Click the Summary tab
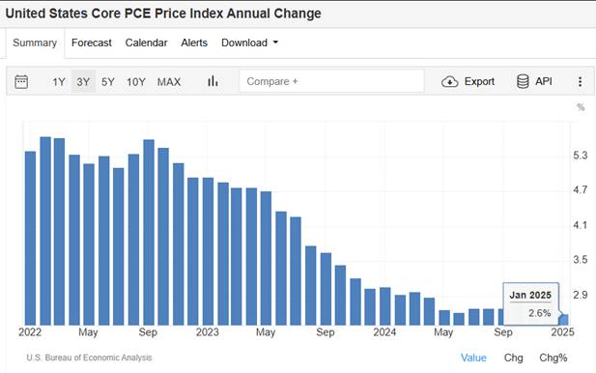(36, 43)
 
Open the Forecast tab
(92, 43)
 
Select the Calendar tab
(146, 43)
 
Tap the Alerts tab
(194, 43)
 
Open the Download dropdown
(249, 43)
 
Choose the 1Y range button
(59, 82)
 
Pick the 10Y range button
(135, 82)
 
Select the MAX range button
(169, 82)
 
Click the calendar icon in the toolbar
(22, 82)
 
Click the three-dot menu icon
(580, 82)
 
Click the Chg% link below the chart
(553, 358)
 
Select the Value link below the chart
(473, 358)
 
